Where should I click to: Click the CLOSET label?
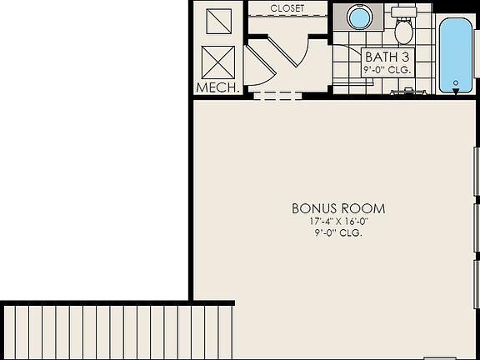(287, 8)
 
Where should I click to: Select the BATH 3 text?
(387, 57)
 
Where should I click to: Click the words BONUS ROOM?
(338, 208)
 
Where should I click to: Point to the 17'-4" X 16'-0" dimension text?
(338, 222)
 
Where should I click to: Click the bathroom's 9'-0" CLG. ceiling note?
(387, 71)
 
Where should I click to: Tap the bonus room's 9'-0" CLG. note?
(338, 232)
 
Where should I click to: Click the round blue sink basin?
(358, 17)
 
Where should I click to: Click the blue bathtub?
(455, 54)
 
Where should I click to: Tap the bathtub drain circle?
(455, 82)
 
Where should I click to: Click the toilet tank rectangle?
(404, 12)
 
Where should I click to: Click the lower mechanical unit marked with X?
(218, 62)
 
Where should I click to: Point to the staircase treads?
(108, 332)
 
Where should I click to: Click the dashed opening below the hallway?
(277, 95)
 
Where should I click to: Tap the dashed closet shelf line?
(287, 18)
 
